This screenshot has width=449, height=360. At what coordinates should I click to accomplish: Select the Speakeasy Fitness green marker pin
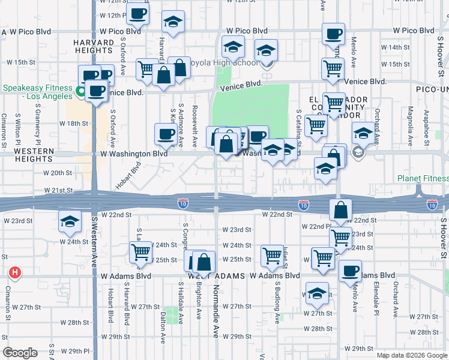pyautogui.click(x=81, y=92)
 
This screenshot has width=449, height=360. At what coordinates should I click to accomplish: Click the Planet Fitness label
pyautogui.click(x=423, y=179)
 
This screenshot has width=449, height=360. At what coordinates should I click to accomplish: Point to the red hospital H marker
pyautogui.click(x=15, y=274)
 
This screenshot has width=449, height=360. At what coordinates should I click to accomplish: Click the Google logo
pyautogui.click(x=20, y=353)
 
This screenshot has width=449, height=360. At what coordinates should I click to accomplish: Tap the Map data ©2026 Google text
pyautogui.click(x=411, y=355)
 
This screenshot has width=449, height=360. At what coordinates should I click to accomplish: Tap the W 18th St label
pyautogui.click(x=77, y=124)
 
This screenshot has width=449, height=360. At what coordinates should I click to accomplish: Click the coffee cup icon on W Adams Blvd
pyautogui.click(x=350, y=270)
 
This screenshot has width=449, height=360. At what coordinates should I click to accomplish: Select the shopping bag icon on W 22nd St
pyautogui.click(x=340, y=210)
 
